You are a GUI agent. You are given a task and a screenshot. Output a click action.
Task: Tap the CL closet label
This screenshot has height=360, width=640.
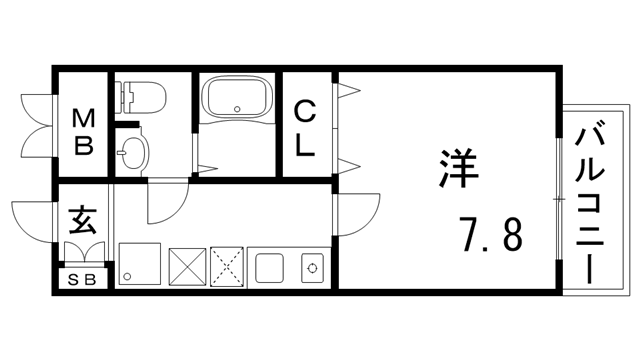tap(304, 126)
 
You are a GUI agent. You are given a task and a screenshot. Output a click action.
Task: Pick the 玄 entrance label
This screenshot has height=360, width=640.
tap(82, 220)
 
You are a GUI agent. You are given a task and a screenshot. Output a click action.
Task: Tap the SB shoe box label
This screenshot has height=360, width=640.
tap(82, 279)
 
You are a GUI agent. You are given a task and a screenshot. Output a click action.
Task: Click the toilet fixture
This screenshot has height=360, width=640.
tap(140, 98)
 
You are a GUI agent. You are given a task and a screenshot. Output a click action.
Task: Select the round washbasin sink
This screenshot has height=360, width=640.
tap(132, 153)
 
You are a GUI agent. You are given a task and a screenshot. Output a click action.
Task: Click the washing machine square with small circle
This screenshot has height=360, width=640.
tap(137, 264)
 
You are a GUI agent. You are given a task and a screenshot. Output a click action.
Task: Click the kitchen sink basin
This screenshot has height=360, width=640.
tap(267, 267)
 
